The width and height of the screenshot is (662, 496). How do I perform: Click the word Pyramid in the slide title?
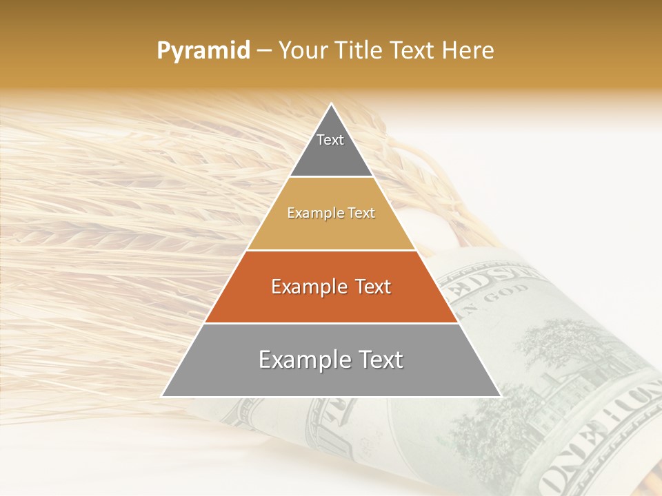click(x=203, y=51)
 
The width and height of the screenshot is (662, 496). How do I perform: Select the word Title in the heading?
click(x=361, y=51)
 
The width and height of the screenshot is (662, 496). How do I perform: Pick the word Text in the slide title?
click(x=413, y=51)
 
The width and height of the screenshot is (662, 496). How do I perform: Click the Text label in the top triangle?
click(x=330, y=140)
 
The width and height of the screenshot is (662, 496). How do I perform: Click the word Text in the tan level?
click(x=361, y=214)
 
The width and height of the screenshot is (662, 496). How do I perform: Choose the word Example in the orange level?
click(x=308, y=287)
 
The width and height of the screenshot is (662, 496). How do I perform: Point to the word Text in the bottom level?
click(x=379, y=360)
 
